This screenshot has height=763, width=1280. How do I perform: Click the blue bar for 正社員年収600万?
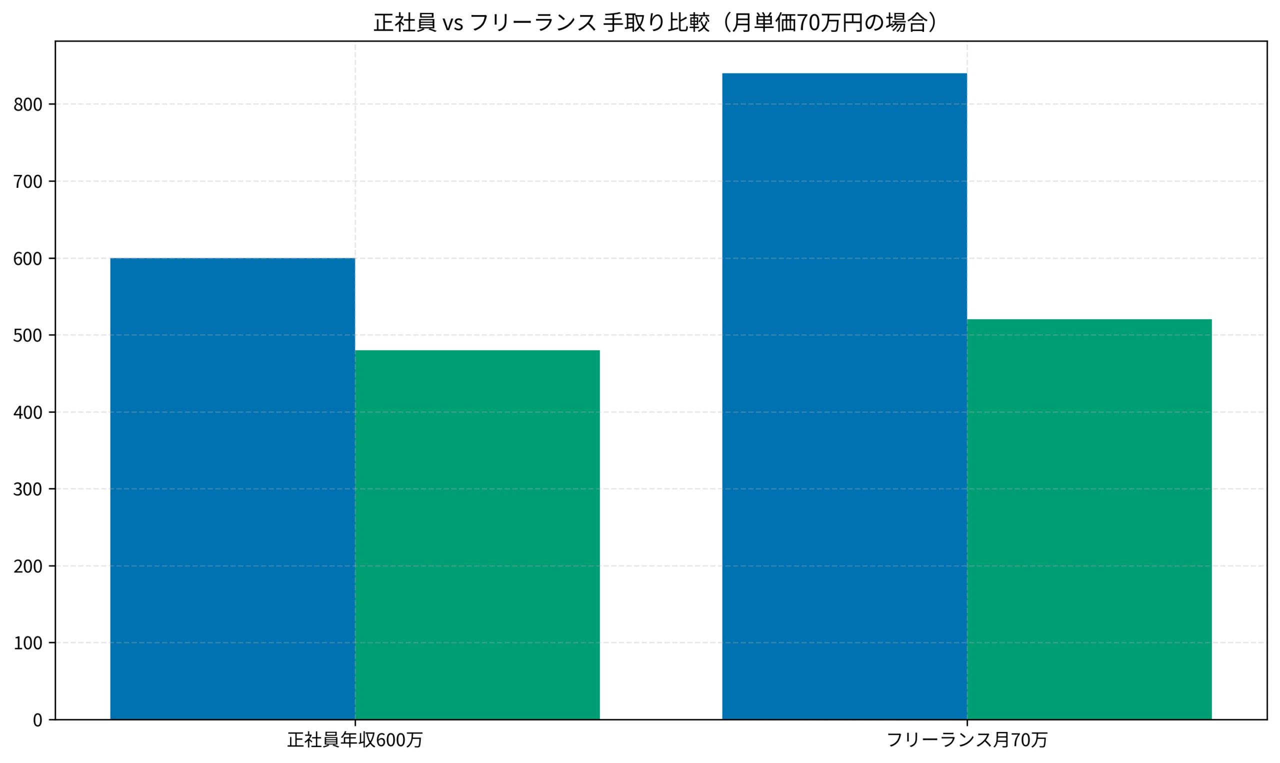tap(232, 489)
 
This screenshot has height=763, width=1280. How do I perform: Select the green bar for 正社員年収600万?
tap(477, 535)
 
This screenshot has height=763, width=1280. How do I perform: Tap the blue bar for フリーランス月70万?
tap(844, 396)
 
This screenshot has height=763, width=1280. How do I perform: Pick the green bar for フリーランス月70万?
tap(1089, 519)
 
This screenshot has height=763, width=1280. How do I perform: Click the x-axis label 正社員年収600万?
tap(354, 740)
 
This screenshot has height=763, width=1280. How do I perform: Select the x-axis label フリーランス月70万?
tap(966, 740)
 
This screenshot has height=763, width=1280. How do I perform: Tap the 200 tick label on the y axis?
tap(28, 566)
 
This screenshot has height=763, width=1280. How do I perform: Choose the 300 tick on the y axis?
tap(28, 489)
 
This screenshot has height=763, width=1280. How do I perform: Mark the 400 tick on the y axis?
tap(28, 412)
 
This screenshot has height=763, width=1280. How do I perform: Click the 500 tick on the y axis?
tap(28, 335)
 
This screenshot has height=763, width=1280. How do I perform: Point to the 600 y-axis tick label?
tap(28, 259)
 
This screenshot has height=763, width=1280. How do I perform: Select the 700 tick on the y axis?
tap(28, 181)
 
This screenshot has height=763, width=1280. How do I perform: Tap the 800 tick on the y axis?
tap(28, 104)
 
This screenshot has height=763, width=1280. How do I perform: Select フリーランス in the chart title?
tap(532, 22)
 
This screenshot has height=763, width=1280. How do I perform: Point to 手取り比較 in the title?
tap(656, 22)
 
